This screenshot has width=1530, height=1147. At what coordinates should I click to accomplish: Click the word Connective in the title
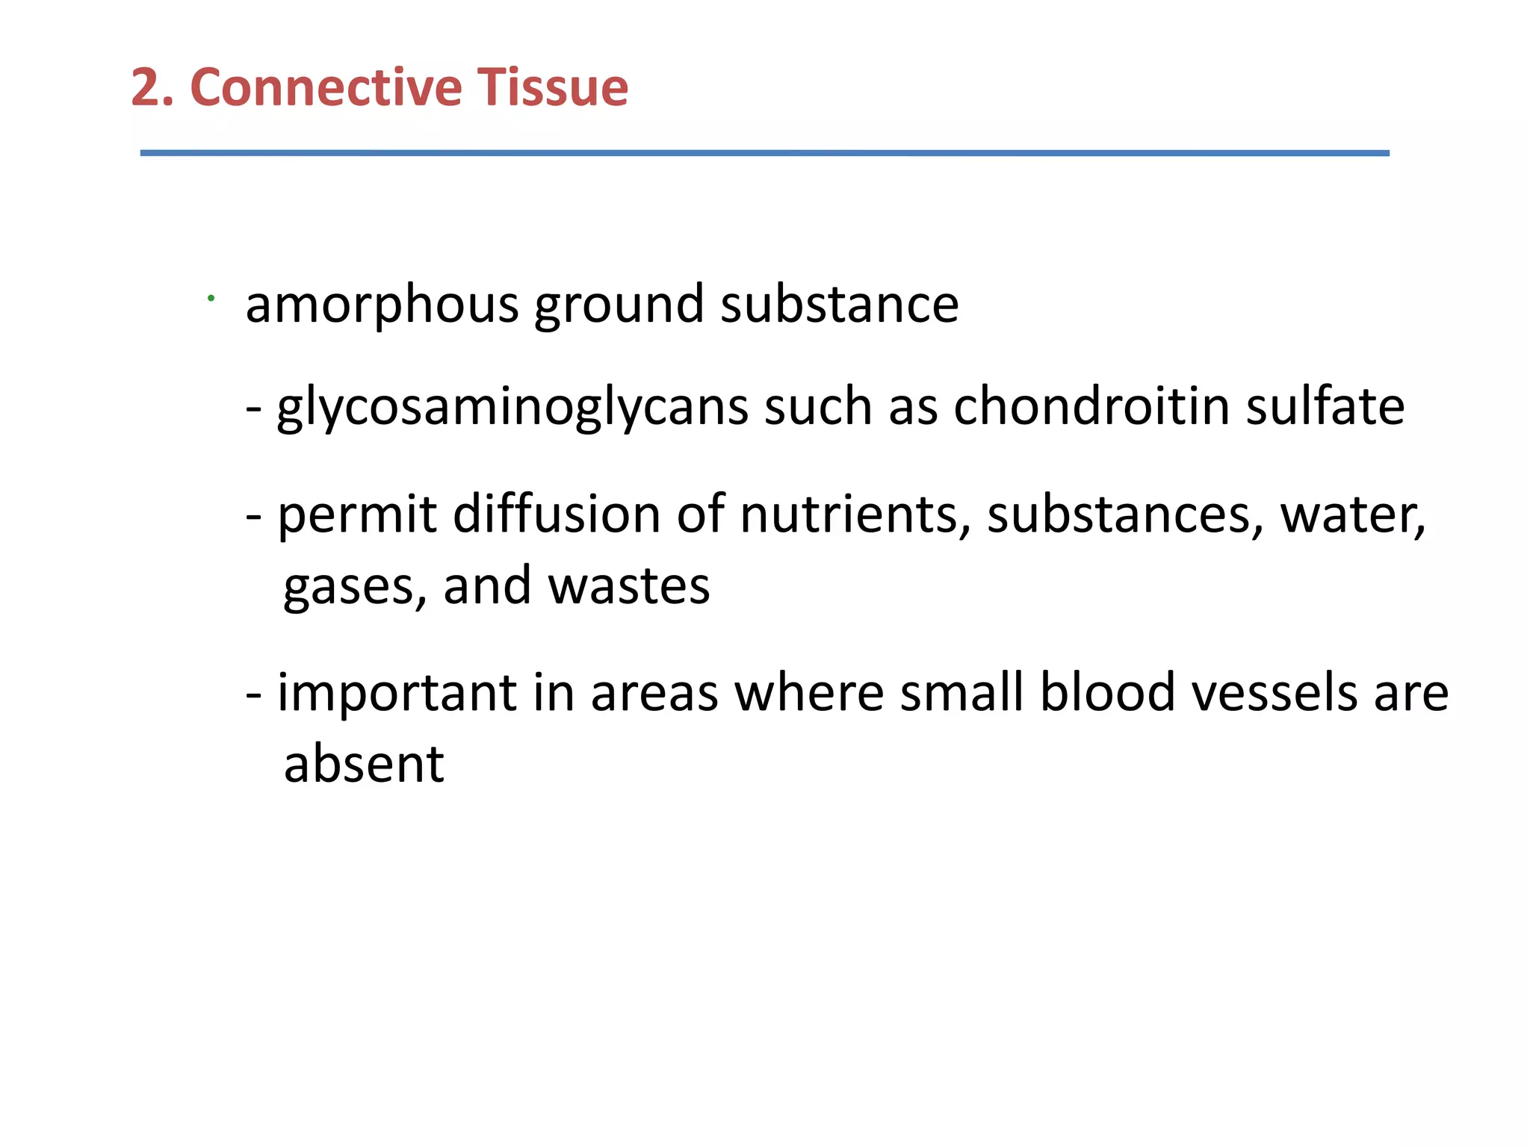point(326,87)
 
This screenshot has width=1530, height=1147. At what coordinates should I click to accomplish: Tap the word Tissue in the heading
point(553,87)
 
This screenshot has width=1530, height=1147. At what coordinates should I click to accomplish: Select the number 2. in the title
point(152,87)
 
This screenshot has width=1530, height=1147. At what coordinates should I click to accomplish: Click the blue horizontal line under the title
point(764,153)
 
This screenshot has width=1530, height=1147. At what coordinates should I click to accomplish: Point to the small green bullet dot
point(211,299)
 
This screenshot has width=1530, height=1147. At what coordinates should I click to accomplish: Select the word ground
point(619,306)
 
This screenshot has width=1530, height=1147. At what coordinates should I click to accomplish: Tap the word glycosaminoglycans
point(512,408)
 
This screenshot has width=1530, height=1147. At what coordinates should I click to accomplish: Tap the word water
point(1352,515)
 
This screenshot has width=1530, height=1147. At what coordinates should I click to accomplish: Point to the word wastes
point(628,586)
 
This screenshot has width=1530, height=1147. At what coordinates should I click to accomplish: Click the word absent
point(364,764)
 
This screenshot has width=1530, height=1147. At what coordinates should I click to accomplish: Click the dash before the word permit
point(254,516)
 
